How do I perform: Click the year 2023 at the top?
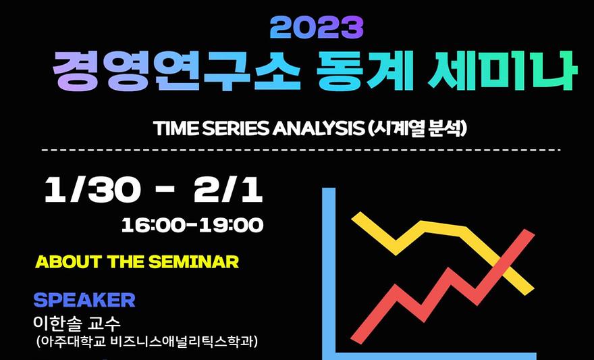(x=317, y=28)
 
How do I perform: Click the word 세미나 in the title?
(x=502, y=70)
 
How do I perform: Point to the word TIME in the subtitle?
(x=176, y=130)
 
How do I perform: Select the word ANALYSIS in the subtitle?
(x=317, y=130)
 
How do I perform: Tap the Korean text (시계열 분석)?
(x=416, y=130)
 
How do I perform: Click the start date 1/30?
(x=92, y=190)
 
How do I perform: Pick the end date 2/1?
(x=228, y=190)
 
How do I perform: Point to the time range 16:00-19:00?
(x=192, y=226)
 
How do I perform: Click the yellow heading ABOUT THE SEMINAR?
(x=137, y=262)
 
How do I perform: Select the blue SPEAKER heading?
(x=84, y=300)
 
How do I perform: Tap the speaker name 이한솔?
(x=57, y=324)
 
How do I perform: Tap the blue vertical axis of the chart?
(x=329, y=274)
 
